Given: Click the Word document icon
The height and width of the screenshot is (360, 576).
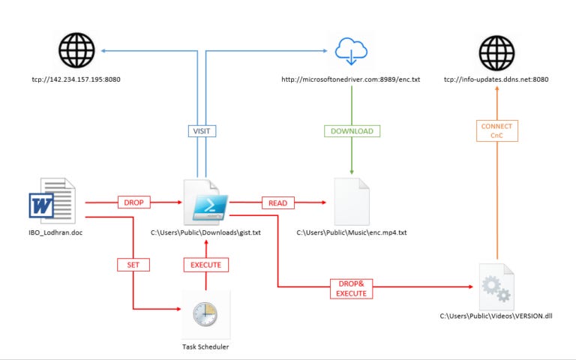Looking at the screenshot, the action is coord(52,201).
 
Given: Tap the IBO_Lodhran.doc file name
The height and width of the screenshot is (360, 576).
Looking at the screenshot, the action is coord(55,232).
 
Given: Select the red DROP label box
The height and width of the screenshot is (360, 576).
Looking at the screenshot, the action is coord(134,202).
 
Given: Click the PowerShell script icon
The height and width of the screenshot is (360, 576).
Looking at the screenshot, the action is coord(205,202).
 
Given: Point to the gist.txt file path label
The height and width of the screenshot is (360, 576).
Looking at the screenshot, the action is coord(205,232).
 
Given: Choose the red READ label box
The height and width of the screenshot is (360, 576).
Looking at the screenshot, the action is coord(278,202).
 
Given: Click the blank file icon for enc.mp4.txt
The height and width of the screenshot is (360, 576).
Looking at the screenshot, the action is coord(352,202).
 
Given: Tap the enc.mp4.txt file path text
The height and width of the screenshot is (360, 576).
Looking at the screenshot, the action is coord(352,232).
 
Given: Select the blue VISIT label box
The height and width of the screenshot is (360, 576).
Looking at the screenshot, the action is coord(202,131).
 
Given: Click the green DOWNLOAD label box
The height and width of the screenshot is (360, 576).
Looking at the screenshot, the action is coord(352,131).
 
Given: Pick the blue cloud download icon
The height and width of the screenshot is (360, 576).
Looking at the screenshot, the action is coord(351,52).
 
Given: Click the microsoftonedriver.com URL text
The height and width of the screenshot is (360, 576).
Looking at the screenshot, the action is coord(351,79).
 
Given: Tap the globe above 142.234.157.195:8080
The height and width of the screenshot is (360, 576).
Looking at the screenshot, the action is coord(76,50).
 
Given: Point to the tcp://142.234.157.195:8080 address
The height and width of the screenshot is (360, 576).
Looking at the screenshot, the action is coord(76,79).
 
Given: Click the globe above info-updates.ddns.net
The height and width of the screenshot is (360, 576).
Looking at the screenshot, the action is coord(496,53).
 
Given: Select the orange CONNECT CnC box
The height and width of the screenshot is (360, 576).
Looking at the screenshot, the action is coord(497,130).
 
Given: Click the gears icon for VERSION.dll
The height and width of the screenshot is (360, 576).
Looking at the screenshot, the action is coord(496,287).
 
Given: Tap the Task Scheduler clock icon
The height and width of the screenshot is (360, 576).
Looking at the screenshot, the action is coord(205,314).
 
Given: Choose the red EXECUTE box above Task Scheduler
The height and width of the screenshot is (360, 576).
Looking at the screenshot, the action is coord(206,265).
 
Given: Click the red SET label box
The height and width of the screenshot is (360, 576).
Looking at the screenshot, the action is coord(133,265).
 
